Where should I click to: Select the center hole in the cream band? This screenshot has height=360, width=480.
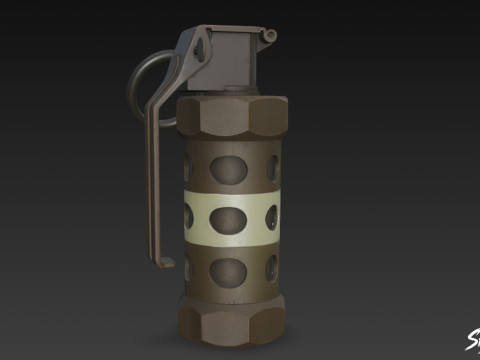click(228, 219)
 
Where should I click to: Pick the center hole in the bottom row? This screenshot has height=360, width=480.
click(228, 269)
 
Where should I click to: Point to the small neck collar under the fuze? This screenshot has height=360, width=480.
click(233, 92)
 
